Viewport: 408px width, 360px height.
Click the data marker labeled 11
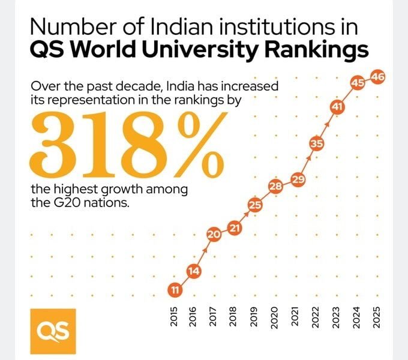tap(174, 290)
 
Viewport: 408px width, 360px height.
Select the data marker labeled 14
tap(193, 271)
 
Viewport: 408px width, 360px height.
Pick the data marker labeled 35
tap(317, 144)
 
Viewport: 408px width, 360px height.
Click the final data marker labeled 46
tap(378, 77)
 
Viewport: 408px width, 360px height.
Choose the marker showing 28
tap(275, 187)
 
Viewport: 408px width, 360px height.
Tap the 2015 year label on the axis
tap(174, 316)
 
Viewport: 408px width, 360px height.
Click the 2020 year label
tap(275, 316)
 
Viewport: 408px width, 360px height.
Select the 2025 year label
tap(377, 316)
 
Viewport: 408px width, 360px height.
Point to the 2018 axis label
tap(234, 316)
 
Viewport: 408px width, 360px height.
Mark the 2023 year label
tap(336, 316)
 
